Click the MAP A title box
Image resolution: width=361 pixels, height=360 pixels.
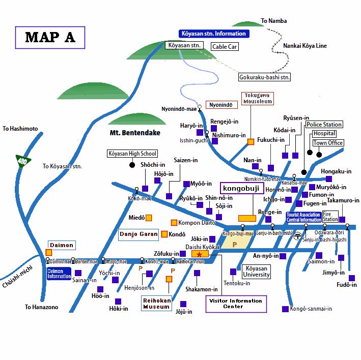(x=50, y=37)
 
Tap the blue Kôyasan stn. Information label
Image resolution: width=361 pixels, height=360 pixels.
(x=214, y=34)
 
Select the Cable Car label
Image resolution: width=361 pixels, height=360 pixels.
(x=225, y=46)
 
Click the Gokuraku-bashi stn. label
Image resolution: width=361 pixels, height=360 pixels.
(x=264, y=77)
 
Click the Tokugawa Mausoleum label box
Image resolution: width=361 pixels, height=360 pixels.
(x=257, y=98)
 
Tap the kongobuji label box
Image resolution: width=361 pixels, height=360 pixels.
(x=241, y=189)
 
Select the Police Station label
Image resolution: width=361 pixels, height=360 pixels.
(x=324, y=125)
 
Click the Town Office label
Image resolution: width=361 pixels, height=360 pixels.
(x=328, y=143)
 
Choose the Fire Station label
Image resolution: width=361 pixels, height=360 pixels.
(x=330, y=217)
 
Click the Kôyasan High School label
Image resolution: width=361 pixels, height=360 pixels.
(x=132, y=154)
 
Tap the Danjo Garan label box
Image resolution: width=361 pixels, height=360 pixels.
(x=138, y=234)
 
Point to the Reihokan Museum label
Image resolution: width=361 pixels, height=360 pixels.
(x=156, y=304)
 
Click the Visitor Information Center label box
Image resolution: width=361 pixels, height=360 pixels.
(x=236, y=304)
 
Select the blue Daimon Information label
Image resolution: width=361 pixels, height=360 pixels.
(x=59, y=274)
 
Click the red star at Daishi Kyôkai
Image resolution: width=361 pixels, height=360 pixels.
(x=199, y=254)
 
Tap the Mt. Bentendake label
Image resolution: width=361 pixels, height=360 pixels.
(x=135, y=133)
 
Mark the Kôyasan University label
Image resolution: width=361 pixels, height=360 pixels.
(x=256, y=272)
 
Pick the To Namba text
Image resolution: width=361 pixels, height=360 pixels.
(x=273, y=21)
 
